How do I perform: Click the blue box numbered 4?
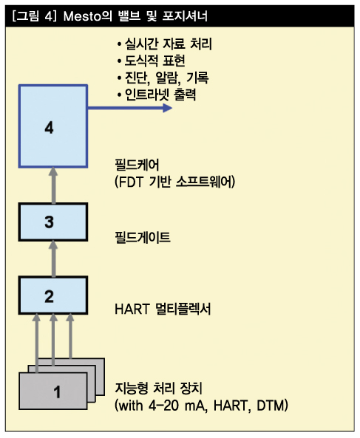53,126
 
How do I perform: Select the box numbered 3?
53,222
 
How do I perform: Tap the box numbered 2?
53,295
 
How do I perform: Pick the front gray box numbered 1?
53,391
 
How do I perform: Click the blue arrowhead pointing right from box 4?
167,108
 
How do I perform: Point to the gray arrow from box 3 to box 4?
53,185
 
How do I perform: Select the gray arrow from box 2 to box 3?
53,259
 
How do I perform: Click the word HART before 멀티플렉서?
132,309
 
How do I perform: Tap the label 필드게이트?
143,237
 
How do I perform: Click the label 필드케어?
137,165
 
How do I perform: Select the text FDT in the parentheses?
131,182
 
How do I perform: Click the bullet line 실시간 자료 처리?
165,44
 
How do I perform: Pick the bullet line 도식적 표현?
152,61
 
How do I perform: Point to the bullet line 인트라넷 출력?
157,95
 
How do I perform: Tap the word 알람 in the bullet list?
166,78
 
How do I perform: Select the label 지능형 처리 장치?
159,389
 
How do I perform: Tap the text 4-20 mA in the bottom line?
177,406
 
